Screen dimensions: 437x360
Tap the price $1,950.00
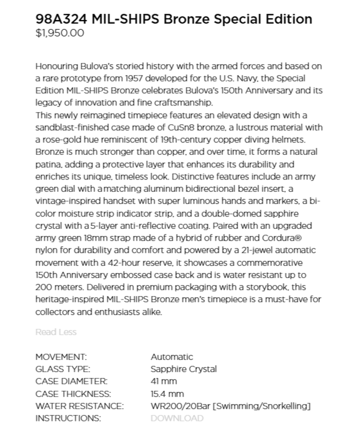click(x=60, y=33)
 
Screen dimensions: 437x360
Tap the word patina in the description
click(x=48, y=165)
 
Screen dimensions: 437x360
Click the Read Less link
click(x=56, y=332)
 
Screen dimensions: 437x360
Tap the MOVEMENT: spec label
click(x=61, y=357)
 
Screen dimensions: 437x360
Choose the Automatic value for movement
click(x=172, y=357)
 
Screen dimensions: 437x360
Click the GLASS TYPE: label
click(x=63, y=369)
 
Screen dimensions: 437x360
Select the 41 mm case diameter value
click(x=164, y=381)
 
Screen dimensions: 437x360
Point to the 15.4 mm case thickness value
click(x=167, y=394)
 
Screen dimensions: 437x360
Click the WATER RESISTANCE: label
click(x=80, y=406)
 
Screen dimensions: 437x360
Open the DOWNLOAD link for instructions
click(x=177, y=418)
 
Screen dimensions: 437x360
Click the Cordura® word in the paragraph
click(x=281, y=238)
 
